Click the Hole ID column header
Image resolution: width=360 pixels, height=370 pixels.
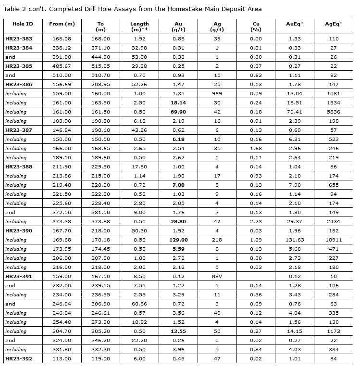click(22, 24)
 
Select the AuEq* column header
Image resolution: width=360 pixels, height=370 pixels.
click(294, 24)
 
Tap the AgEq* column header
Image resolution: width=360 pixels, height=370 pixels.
click(334, 24)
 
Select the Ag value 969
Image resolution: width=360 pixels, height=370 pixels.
click(217, 93)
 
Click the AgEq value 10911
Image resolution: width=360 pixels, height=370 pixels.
click(334, 240)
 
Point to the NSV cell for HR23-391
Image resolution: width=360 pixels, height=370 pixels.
click(217, 276)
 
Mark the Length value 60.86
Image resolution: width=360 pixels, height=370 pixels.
click(139, 304)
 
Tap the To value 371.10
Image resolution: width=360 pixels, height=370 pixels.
click(100, 48)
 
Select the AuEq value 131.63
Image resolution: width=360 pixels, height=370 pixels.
click(294, 240)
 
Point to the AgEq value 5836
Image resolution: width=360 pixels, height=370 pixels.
click(334, 112)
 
